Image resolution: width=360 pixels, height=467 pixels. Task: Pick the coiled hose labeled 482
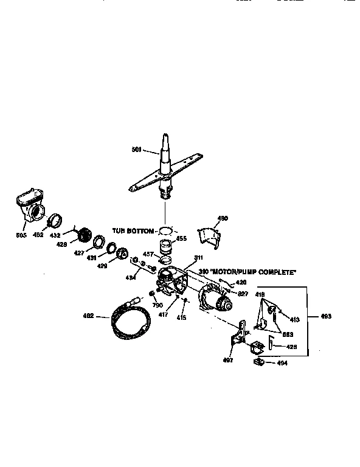point(127,319)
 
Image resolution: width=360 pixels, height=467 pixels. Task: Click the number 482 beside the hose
point(88,315)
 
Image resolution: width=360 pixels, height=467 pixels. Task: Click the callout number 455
point(181,239)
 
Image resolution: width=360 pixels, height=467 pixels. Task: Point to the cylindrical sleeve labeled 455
point(165,247)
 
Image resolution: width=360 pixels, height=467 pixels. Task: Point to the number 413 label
point(294,319)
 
